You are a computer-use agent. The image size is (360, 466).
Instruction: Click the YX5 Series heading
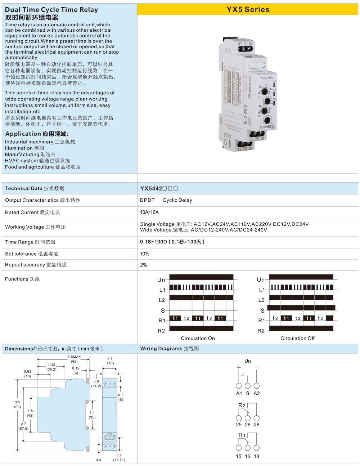[x=248, y=10]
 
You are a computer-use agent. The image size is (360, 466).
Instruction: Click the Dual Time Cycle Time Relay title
[x=51, y=10]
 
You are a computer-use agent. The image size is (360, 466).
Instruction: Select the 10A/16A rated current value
[x=149, y=212]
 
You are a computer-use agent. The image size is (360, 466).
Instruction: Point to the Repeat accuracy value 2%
[x=144, y=265]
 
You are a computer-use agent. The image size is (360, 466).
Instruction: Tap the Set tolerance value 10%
[x=145, y=254]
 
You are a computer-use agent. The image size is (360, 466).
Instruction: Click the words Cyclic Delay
[x=177, y=200]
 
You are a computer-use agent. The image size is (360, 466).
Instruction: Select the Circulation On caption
[x=198, y=339]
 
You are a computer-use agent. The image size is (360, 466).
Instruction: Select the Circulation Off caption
[x=297, y=339]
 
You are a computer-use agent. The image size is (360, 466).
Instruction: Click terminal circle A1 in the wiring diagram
[x=239, y=386]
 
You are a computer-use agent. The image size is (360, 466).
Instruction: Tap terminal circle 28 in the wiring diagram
[x=257, y=418]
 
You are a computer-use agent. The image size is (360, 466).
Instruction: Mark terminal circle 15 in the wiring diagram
[x=239, y=448]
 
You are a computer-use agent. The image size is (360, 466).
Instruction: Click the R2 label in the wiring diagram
[x=242, y=406]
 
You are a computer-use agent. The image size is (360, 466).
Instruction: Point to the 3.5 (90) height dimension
[x=17, y=404]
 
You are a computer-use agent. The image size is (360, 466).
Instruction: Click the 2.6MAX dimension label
[x=74, y=357]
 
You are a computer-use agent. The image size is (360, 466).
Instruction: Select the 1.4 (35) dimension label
[x=92, y=415]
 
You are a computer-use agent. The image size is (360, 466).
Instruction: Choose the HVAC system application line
[x=37, y=161]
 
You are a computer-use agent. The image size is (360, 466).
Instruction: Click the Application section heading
[x=37, y=134]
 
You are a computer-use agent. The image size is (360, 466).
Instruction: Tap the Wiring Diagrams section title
[x=170, y=349]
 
